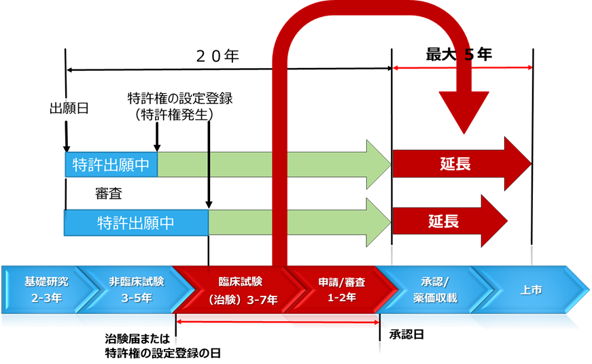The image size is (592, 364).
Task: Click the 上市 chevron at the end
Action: click(x=531, y=289)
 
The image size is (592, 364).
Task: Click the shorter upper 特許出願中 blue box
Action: click(x=111, y=165)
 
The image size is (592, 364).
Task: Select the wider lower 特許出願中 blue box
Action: click(x=136, y=222)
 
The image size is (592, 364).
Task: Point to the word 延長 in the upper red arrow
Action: click(x=454, y=164)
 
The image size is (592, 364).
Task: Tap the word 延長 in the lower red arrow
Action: click(x=443, y=221)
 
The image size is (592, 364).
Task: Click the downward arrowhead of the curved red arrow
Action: click(x=464, y=112)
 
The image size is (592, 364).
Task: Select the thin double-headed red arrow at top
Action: click(x=462, y=67)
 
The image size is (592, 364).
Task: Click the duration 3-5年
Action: click(x=136, y=298)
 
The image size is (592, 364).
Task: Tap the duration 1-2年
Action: click(x=341, y=299)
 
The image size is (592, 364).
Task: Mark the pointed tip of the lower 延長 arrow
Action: click(x=506, y=221)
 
